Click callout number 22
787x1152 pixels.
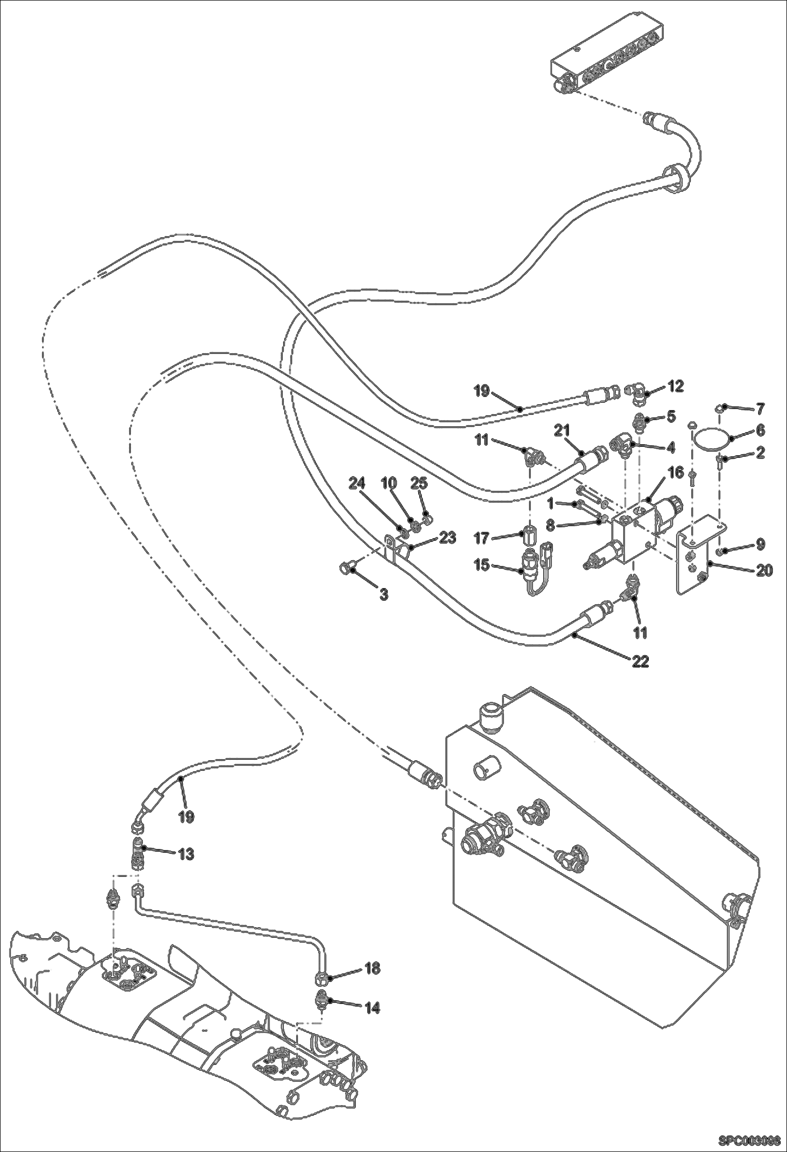coord(640,661)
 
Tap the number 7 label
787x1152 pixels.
coord(761,408)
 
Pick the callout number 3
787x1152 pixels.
coord(384,594)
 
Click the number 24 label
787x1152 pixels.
coord(357,484)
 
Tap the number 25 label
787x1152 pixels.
coord(419,484)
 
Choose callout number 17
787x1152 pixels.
coord(481,538)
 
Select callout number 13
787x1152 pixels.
coord(186,854)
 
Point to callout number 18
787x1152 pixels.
coord(372,968)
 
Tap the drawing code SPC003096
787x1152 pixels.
coord(749,1141)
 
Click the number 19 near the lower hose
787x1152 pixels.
coord(186,816)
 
